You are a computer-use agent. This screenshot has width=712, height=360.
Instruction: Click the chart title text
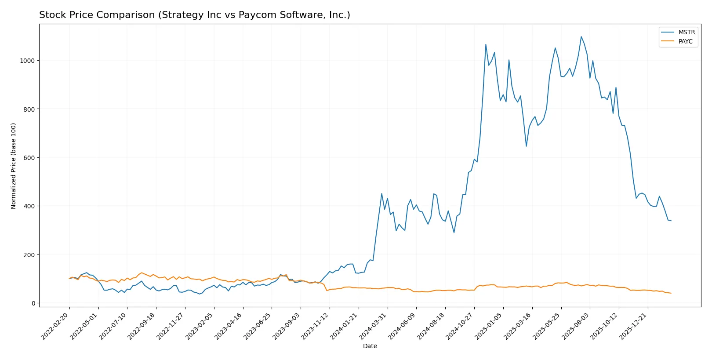coord(195,15)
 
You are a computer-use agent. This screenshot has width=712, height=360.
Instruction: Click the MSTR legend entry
coord(686,32)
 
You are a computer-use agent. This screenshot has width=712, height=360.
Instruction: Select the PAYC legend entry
coord(685,41)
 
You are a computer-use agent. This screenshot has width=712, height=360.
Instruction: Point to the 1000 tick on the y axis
coord(27,61)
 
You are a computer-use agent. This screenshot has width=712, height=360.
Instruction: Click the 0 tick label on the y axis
coord(33,303)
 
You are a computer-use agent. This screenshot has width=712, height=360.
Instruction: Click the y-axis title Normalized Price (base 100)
coord(14,166)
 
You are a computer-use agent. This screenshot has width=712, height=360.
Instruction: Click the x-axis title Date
coord(370,346)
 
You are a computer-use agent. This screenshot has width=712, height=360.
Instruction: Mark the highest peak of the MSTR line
coord(581,36)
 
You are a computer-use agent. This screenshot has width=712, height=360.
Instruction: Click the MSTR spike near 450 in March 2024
coord(381,193)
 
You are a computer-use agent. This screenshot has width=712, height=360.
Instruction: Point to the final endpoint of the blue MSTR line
coord(671,221)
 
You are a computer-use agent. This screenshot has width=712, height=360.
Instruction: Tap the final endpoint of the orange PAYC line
coord(671,293)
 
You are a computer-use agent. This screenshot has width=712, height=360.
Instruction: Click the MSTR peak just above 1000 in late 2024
coord(486,44)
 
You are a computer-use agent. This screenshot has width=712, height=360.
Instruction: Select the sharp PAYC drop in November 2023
coord(327,291)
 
